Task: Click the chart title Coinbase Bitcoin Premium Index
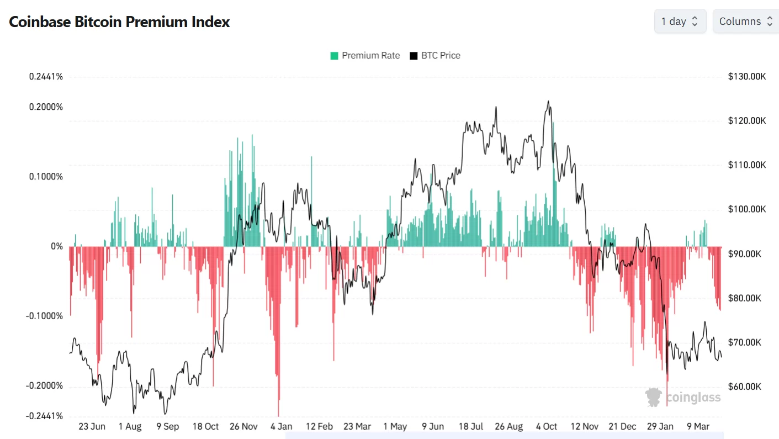[x=119, y=22]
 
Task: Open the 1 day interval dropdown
[x=680, y=22]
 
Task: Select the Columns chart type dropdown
[x=745, y=22]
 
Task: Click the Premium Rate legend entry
[x=365, y=55]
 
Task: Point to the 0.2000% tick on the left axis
[x=46, y=107]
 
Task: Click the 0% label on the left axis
[x=57, y=246]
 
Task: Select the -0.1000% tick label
[x=45, y=316]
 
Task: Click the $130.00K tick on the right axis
[x=748, y=76]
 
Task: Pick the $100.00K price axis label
[x=748, y=209]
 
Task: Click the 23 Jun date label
[x=92, y=426]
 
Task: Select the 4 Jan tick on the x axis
[x=282, y=426]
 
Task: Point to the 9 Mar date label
[x=698, y=426]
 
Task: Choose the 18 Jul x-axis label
[x=471, y=426]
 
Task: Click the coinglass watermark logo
[x=683, y=397]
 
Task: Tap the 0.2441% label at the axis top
[x=46, y=76]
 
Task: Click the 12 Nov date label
[x=585, y=426]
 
